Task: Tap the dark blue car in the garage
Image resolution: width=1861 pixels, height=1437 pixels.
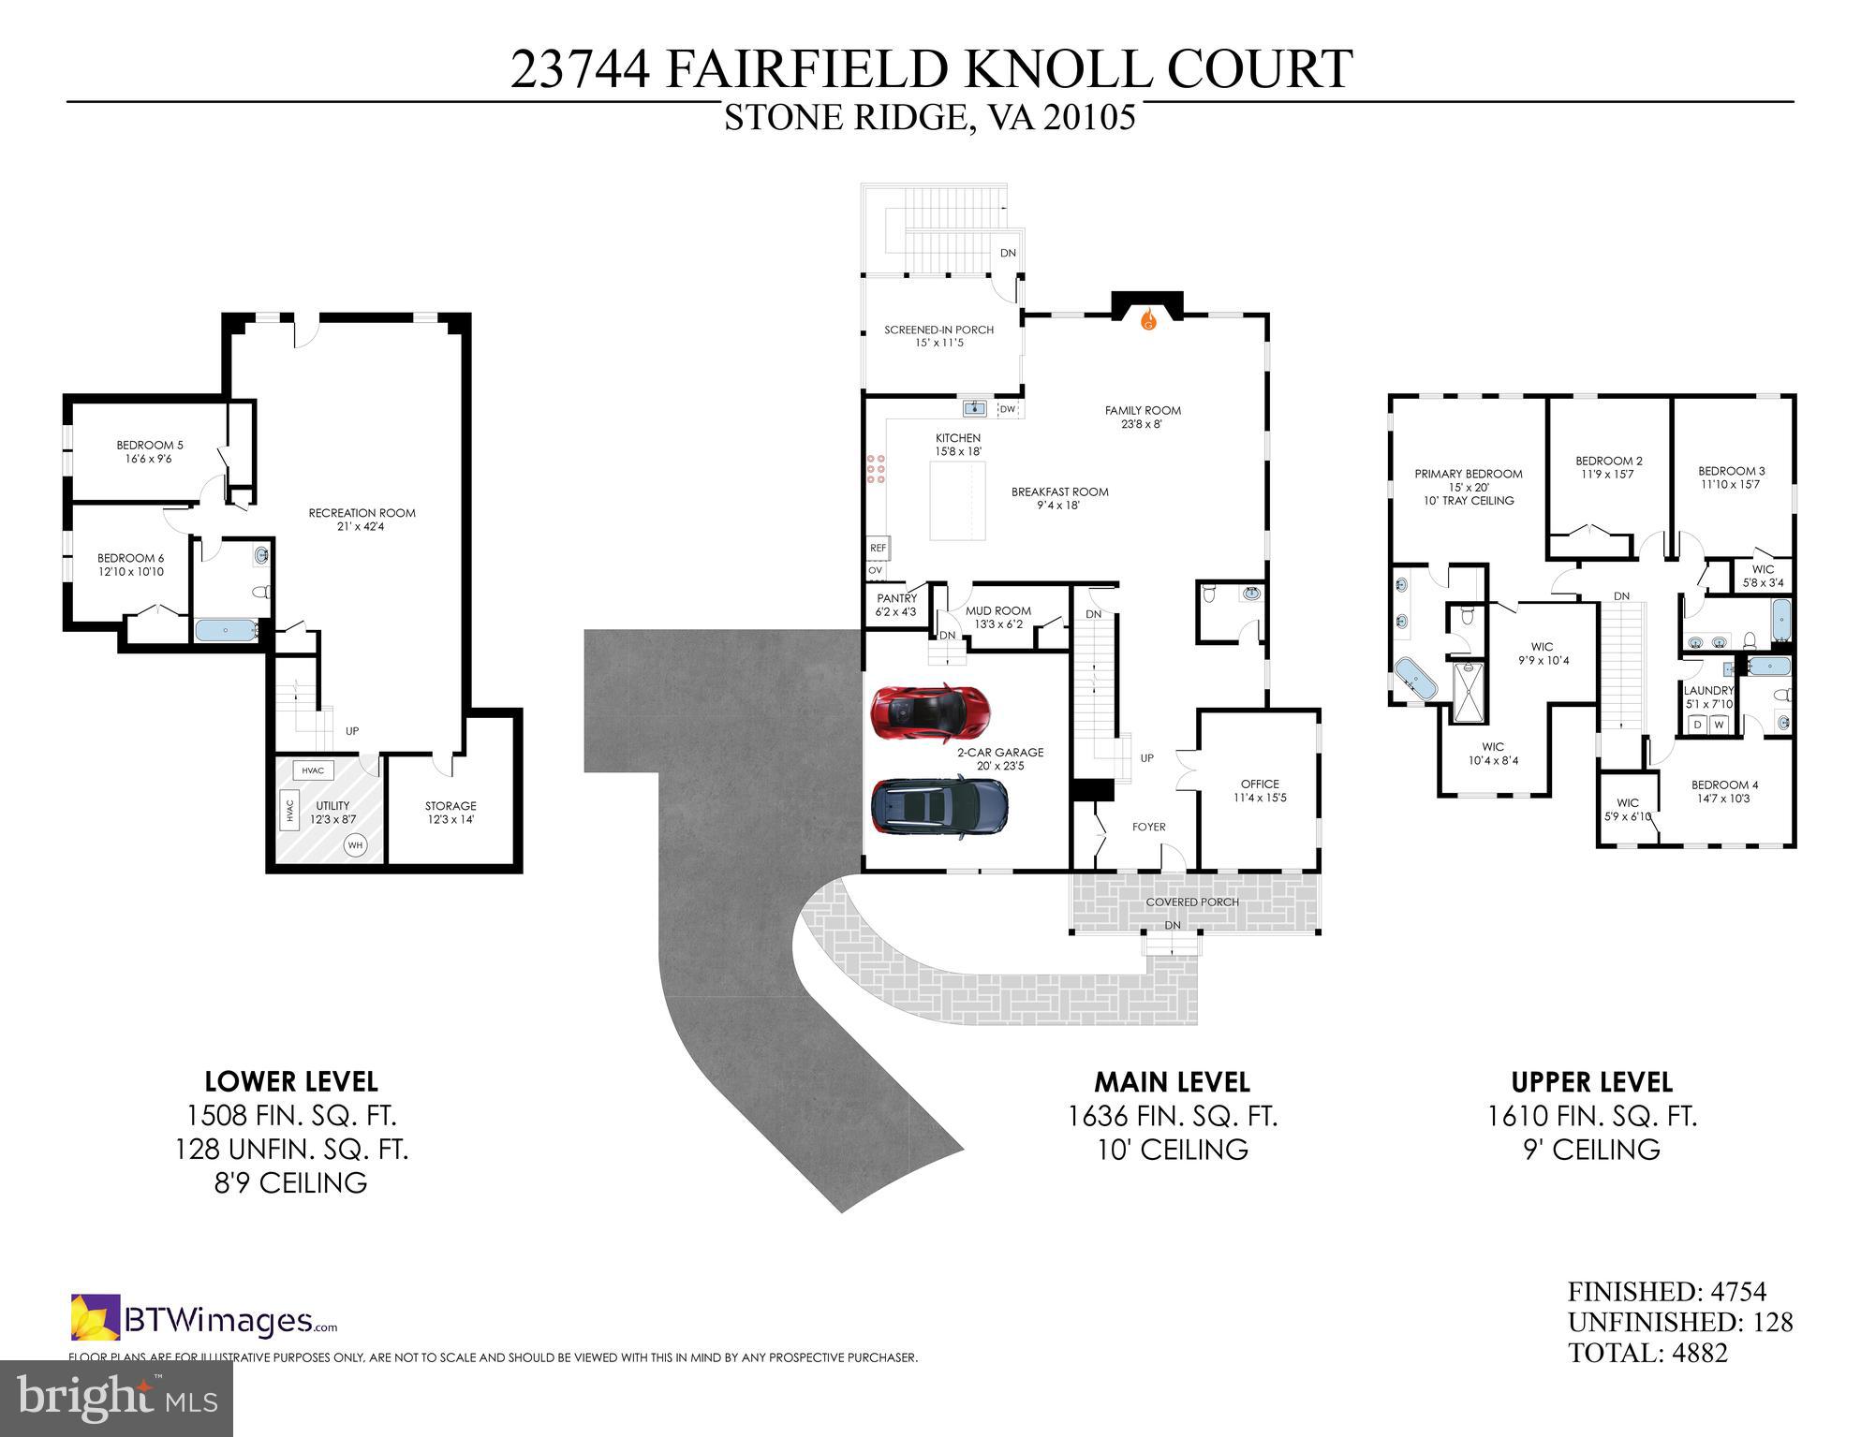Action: pyautogui.click(x=939, y=806)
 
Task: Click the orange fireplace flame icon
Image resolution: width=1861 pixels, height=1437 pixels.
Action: pyautogui.click(x=1148, y=321)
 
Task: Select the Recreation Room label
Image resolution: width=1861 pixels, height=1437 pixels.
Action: pyautogui.click(x=362, y=520)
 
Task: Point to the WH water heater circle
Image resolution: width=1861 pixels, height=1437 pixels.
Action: pyautogui.click(x=355, y=845)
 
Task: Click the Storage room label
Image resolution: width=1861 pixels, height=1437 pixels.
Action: pyautogui.click(x=450, y=812)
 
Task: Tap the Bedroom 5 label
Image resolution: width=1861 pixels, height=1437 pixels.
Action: pyautogui.click(x=143, y=451)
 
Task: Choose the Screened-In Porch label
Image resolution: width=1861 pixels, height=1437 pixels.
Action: pyautogui.click(x=938, y=336)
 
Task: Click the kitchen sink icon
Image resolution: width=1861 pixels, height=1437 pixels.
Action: pyautogui.click(x=976, y=408)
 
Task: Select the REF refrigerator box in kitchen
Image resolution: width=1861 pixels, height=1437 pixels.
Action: pyautogui.click(x=878, y=548)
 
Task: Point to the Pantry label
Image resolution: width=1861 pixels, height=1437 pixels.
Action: pyautogui.click(x=896, y=605)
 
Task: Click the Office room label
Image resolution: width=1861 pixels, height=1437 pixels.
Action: pyautogui.click(x=1260, y=790)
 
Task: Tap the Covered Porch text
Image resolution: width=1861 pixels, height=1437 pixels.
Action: pyautogui.click(x=1192, y=902)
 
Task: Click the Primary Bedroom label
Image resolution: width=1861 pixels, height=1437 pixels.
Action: pyautogui.click(x=1468, y=486)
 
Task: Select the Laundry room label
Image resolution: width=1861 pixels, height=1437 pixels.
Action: pyautogui.click(x=1708, y=697)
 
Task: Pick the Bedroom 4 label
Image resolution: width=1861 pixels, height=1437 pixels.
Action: pyautogui.click(x=1722, y=791)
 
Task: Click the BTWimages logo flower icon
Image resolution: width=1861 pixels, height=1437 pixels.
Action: pyautogui.click(x=96, y=1317)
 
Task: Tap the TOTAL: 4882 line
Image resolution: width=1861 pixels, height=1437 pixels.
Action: pyautogui.click(x=1647, y=1353)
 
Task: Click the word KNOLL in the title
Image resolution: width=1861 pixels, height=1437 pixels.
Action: pyautogui.click(x=1065, y=70)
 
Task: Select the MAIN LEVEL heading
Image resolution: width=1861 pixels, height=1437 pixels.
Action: pyautogui.click(x=1172, y=1082)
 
